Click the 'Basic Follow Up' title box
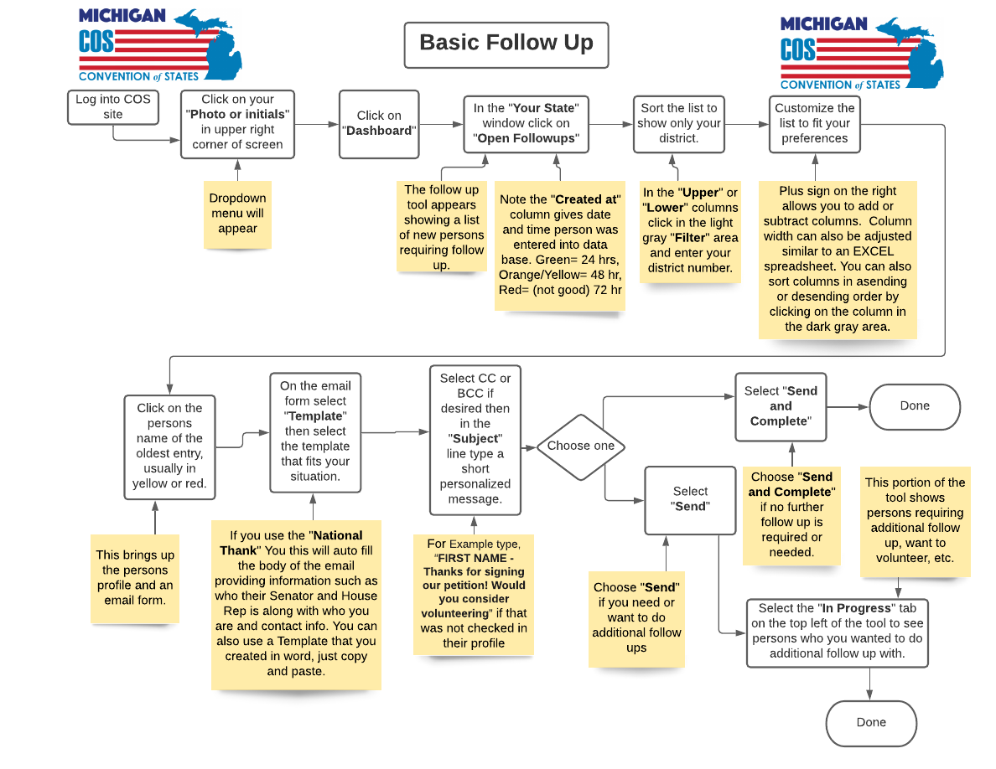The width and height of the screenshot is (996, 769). tap(506, 44)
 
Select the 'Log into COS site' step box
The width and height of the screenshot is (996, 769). tap(113, 107)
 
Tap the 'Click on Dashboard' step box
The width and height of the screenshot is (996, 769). tap(379, 123)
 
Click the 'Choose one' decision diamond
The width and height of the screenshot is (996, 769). tap(580, 446)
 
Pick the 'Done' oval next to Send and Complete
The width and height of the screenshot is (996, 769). tap(915, 406)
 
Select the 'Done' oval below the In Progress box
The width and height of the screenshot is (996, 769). tap(871, 723)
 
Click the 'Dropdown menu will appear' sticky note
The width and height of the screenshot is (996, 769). tap(237, 214)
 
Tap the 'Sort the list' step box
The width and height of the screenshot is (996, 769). tap(678, 123)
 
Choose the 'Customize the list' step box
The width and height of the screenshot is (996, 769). tap(814, 123)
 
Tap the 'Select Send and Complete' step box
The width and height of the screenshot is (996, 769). tap(781, 406)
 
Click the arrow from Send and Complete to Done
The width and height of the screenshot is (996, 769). tap(848, 407)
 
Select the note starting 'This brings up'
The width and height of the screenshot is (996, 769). tap(135, 578)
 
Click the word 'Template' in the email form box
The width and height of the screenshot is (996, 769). tap(315, 416)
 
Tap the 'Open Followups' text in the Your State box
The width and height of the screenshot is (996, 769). tap(527, 138)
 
